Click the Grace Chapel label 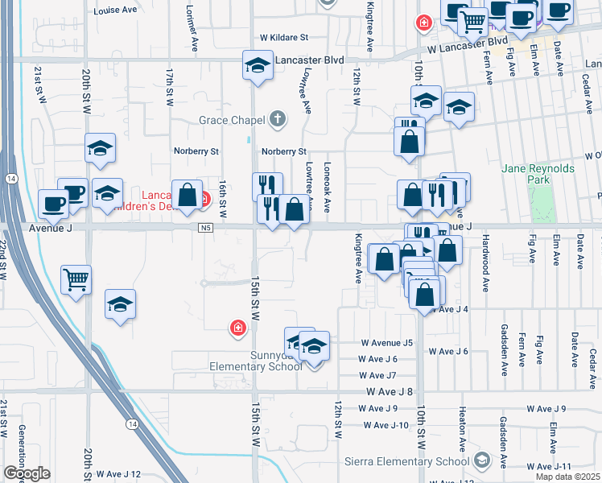233,121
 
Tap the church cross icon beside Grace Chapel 278,121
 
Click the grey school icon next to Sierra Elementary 482,460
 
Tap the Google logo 27,473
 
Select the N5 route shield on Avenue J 206,228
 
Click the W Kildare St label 284,37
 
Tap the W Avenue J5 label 386,342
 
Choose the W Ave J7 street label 379,375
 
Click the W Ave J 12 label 118,473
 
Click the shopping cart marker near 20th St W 76,281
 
